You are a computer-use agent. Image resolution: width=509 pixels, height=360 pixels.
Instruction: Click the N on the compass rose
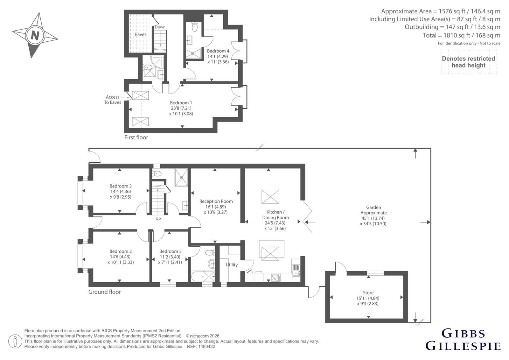click(35, 36)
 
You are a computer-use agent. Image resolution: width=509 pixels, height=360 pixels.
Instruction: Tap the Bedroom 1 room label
click(181, 103)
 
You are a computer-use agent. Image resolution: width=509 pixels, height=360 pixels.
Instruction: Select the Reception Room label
click(216, 201)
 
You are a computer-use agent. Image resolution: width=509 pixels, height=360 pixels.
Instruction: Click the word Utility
click(232, 265)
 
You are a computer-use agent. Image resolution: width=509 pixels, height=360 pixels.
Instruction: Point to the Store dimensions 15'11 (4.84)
click(368, 298)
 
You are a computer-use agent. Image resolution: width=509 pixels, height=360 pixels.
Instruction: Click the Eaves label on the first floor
click(140, 34)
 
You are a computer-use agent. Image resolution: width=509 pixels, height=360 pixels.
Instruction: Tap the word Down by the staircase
click(160, 27)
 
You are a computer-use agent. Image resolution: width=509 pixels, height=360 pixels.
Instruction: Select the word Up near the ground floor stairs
click(158, 219)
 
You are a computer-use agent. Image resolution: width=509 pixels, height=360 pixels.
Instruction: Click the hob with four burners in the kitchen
click(276, 278)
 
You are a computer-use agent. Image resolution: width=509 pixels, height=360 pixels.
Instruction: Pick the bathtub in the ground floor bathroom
click(203, 276)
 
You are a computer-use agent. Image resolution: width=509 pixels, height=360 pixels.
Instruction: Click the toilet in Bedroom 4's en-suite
click(195, 27)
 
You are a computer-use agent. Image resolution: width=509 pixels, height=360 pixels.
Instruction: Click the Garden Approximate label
click(373, 210)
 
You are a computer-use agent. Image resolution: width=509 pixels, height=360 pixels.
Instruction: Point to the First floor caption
click(136, 138)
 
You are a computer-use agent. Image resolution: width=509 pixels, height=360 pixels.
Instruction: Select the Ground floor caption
click(105, 292)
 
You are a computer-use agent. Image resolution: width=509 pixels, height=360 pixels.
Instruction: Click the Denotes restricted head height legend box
click(469, 62)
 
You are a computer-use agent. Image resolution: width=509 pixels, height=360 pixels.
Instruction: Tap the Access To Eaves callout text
click(113, 100)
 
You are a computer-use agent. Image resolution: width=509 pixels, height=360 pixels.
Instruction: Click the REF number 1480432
click(206, 347)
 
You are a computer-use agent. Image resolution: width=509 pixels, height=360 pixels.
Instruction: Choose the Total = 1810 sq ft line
click(461, 35)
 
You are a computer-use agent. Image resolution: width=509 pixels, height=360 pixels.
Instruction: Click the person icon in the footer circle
click(15, 341)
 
